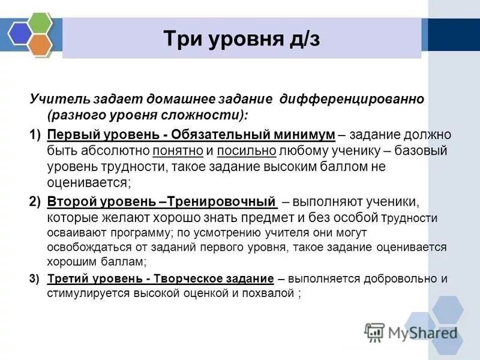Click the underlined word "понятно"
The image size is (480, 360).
172,151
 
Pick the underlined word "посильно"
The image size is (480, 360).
247,151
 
